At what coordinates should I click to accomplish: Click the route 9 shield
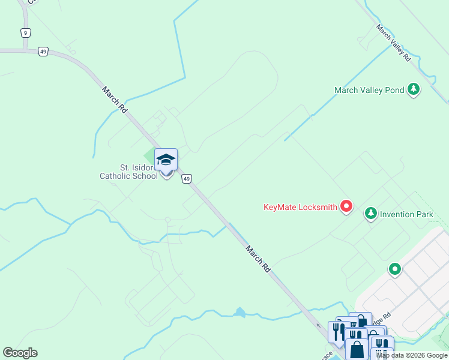(x=25, y=32)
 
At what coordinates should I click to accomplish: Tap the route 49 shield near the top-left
(x=43, y=52)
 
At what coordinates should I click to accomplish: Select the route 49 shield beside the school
(x=187, y=179)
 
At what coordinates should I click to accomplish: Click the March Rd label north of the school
(x=114, y=100)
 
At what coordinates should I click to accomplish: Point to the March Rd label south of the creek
(x=258, y=259)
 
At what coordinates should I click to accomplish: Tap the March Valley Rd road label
(x=394, y=43)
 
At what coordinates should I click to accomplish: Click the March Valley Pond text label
(x=369, y=91)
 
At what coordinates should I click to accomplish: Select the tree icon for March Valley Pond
(x=413, y=90)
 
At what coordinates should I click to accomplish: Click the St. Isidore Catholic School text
(x=128, y=172)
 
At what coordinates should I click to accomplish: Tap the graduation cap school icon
(x=166, y=160)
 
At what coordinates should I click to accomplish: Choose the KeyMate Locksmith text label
(x=300, y=208)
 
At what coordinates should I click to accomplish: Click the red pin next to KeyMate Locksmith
(x=346, y=207)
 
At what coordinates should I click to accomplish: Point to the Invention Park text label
(x=406, y=214)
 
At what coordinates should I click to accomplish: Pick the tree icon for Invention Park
(x=371, y=213)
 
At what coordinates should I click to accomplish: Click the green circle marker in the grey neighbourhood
(x=394, y=269)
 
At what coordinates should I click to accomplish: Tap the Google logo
(x=20, y=353)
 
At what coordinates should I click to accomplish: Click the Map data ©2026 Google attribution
(x=412, y=355)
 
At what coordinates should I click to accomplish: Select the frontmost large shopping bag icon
(x=357, y=349)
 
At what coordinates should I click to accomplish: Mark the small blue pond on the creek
(x=240, y=312)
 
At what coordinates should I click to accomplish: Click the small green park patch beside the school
(x=148, y=155)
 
